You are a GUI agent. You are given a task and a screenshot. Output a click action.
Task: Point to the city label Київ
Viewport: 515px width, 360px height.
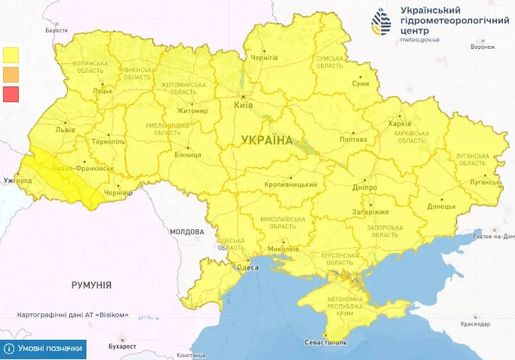[244, 107]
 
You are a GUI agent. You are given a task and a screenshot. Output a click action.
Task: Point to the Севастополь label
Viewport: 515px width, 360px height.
[325, 342]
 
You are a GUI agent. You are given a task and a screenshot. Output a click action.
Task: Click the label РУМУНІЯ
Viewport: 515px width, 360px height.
[91, 286]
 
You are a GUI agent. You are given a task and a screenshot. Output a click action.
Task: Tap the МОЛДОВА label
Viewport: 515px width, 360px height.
[187, 231]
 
